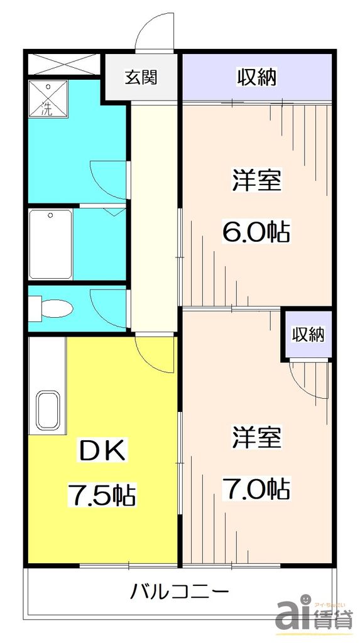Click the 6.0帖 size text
coord(256,232)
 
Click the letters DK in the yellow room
coord(103,451)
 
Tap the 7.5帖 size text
coord(102,495)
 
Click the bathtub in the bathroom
coord(51,244)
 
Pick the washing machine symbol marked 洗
coord(48,100)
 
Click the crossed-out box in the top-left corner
coord(63,65)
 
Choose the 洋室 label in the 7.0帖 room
coord(256,437)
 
